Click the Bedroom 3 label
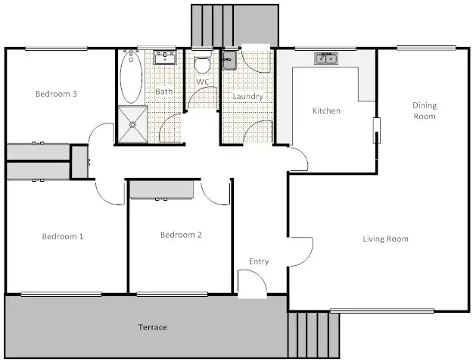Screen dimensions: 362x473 (57, 94)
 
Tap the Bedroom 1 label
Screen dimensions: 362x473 (62, 236)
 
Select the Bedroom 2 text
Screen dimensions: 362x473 (181, 235)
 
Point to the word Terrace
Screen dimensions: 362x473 (152, 327)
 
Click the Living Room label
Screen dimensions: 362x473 (385, 239)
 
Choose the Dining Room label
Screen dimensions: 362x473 (424, 111)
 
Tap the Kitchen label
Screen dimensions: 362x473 (326, 111)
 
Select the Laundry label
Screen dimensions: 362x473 (247, 97)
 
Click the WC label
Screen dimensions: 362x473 (202, 81)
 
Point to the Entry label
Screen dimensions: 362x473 (259, 262)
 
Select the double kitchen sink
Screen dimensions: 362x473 (327, 58)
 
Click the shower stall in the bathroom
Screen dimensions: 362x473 (131, 125)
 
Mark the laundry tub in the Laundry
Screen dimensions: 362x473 (230, 59)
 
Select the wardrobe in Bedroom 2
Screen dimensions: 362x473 (162, 189)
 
